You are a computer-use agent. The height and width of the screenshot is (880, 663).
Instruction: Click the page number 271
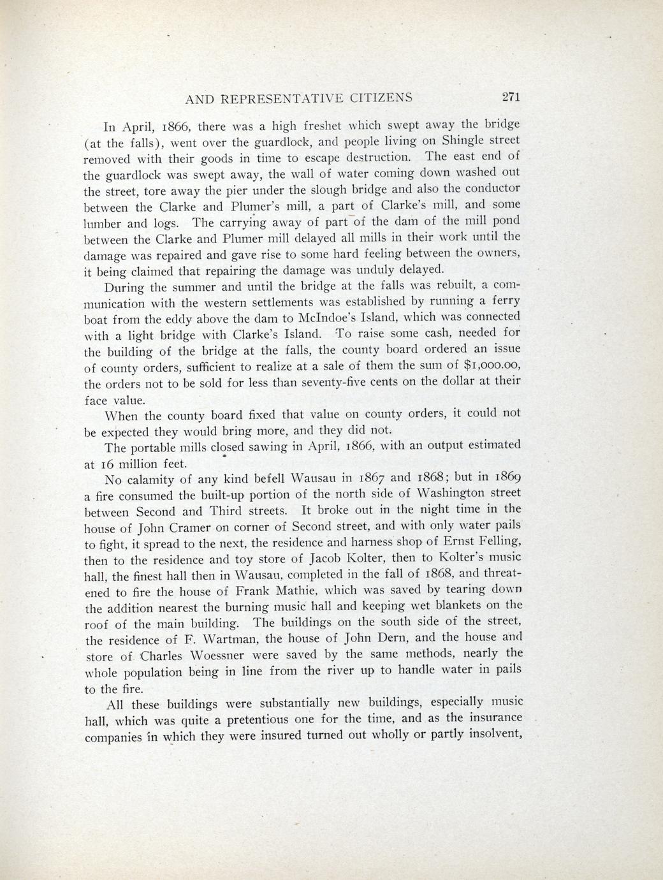coord(511,97)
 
